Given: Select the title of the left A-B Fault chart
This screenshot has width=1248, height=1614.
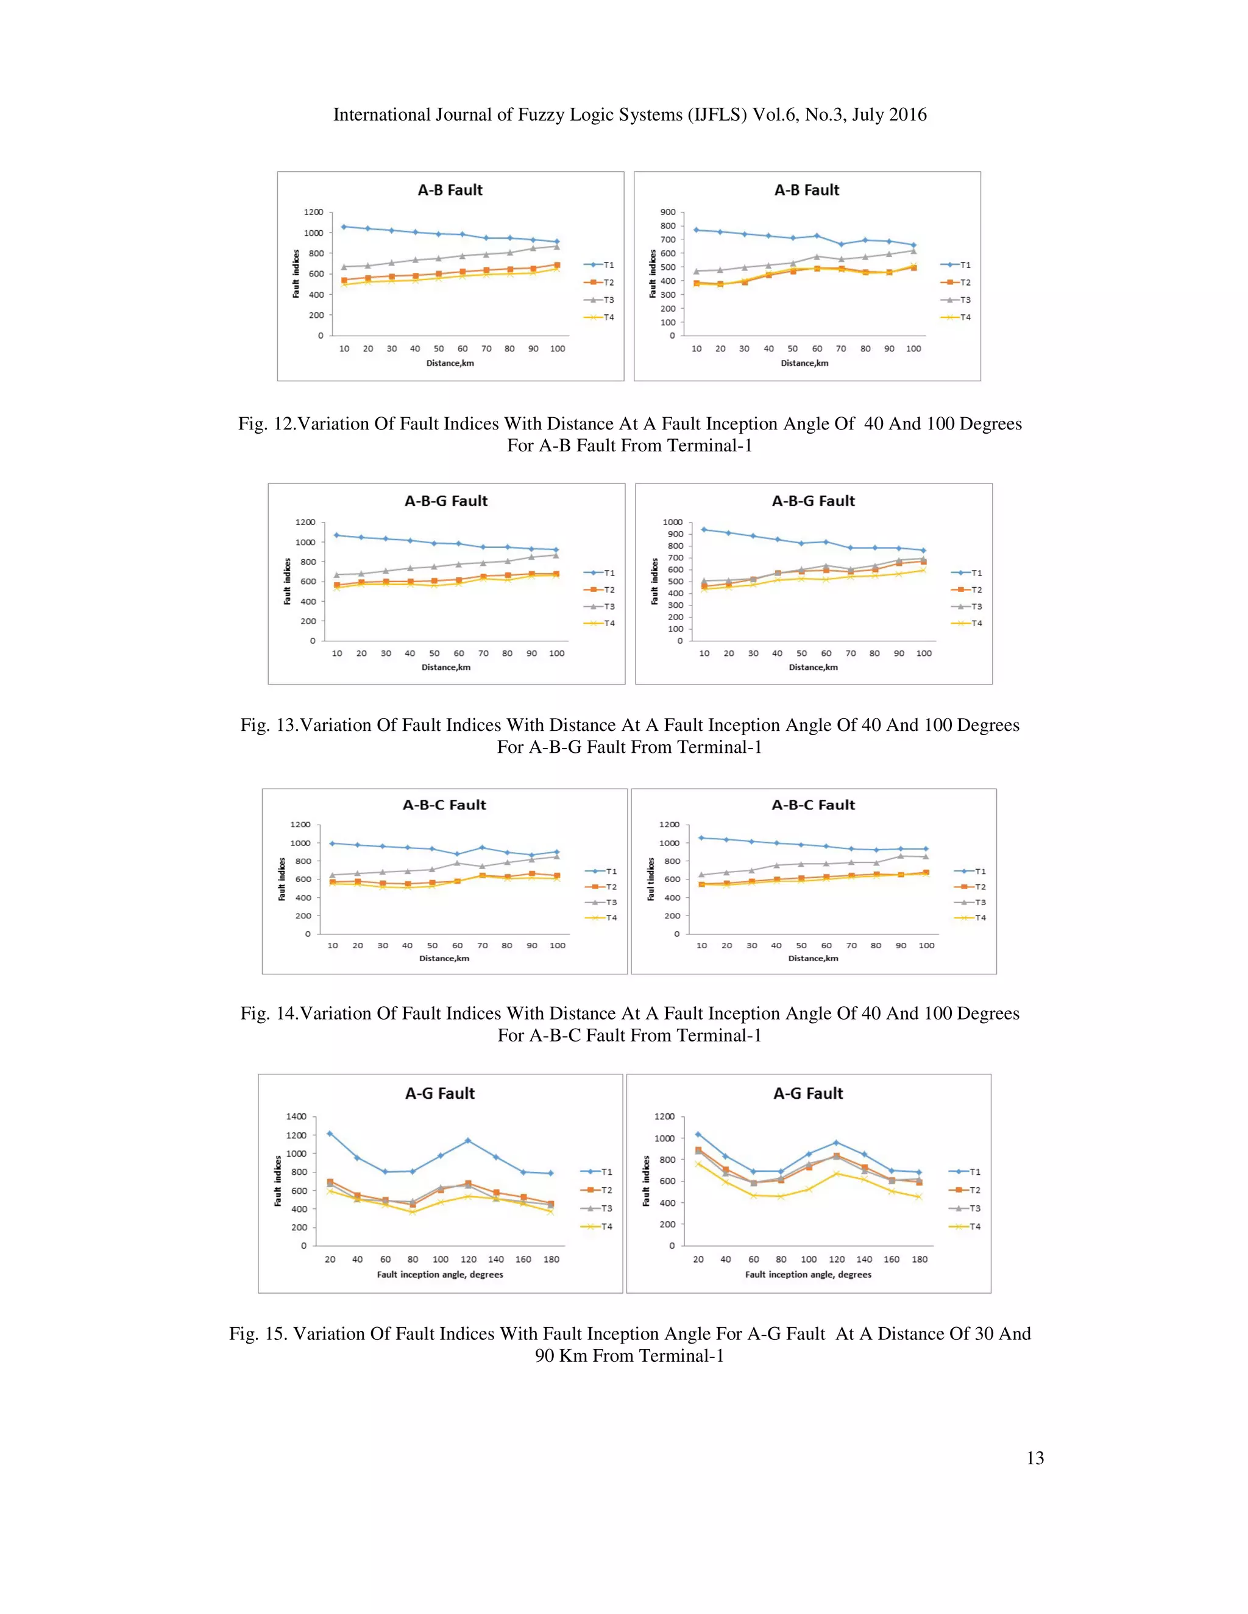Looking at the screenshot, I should (450, 190).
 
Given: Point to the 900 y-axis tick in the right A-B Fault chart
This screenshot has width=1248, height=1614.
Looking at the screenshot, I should (668, 212).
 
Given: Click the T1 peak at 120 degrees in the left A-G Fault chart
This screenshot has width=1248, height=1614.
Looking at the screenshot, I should (467, 1141).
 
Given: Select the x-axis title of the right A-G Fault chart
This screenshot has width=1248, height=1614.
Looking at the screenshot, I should (807, 1275).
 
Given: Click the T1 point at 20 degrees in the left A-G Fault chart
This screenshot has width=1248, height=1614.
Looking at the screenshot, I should (330, 1133).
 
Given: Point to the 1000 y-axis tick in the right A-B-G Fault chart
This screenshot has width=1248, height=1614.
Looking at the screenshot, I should (672, 523).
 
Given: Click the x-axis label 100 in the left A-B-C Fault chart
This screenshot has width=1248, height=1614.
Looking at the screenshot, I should (557, 946).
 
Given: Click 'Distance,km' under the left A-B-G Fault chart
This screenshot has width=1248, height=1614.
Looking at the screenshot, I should (446, 668).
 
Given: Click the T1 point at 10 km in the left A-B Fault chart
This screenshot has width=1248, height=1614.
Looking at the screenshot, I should (344, 227).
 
